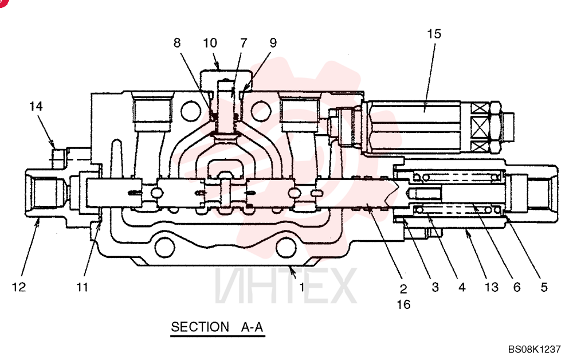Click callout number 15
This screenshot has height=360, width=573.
point(434,34)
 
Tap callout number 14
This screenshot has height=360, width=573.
point(36,107)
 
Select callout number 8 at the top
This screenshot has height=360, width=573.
point(177,43)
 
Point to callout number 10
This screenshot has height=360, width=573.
point(210,43)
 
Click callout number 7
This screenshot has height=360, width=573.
point(244,43)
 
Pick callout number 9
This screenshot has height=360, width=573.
point(273,43)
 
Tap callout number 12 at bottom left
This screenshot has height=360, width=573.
point(19,287)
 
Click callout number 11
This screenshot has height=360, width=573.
point(82,287)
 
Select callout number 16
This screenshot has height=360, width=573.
point(403,304)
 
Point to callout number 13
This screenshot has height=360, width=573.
point(492,287)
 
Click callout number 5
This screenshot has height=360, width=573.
point(544,287)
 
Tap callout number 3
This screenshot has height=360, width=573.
point(435,287)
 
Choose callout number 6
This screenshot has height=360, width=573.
point(517,287)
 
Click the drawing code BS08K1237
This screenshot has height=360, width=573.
point(534,349)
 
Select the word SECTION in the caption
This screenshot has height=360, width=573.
point(200,326)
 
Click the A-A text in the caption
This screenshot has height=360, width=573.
point(252,326)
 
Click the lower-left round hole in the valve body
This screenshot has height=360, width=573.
point(165,248)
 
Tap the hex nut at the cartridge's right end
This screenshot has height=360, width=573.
point(494,127)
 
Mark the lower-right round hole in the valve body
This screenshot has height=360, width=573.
point(286,248)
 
